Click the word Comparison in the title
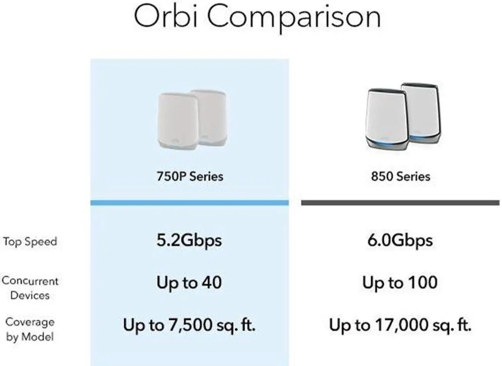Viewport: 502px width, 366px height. (x=293, y=18)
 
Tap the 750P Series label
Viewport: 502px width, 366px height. (x=190, y=176)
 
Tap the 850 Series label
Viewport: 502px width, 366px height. (x=400, y=176)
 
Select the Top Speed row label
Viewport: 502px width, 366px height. (x=30, y=241)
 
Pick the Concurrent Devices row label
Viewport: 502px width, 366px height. (x=30, y=288)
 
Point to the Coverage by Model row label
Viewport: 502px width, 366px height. (x=30, y=329)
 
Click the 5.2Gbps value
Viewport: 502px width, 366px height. (x=189, y=240)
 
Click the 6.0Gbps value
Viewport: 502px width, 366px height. (x=400, y=240)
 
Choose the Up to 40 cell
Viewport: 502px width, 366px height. (x=189, y=283)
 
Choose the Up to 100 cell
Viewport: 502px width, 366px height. (x=400, y=283)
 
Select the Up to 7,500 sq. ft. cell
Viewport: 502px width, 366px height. (x=189, y=325)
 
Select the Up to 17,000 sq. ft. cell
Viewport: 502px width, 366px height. (x=400, y=325)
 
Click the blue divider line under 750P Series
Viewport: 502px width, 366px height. (x=190, y=203)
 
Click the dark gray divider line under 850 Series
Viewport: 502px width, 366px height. (x=400, y=203)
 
